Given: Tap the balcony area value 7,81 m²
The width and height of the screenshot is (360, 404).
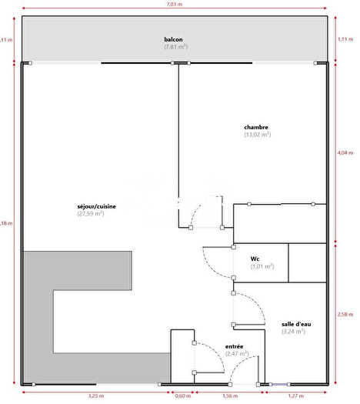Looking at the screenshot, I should [175, 47].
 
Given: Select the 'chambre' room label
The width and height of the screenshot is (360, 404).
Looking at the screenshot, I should [256, 127].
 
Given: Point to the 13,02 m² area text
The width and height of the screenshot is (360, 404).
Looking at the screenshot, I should [257, 135].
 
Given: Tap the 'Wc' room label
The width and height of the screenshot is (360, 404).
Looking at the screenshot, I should [255, 259].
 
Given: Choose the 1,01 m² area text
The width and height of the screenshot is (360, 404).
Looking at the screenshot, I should [262, 266].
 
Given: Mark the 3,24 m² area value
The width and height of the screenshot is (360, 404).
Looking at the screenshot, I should [293, 332].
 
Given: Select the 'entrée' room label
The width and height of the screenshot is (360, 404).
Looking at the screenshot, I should [235, 346].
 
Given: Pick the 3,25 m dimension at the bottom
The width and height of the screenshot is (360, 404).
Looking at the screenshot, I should [97, 396].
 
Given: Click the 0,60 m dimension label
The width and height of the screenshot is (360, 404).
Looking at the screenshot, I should [182, 396].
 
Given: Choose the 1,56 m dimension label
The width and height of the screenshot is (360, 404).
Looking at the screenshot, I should [230, 396].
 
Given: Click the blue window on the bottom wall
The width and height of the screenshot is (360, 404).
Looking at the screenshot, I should [278, 384].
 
